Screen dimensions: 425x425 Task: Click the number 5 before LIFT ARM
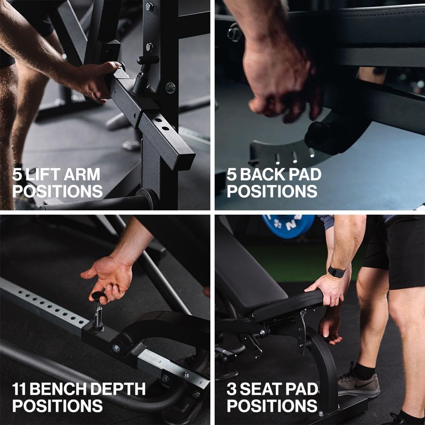click(x=17, y=174)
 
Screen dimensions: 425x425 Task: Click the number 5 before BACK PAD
click(x=232, y=174)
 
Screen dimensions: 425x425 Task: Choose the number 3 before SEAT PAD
click(x=232, y=389)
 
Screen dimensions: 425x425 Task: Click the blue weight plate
click(x=288, y=226)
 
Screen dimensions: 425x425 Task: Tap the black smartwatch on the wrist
click(x=336, y=272)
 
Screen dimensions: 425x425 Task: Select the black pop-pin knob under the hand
click(x=98, y=296)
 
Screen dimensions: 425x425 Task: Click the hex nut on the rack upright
click(x=170, y=88)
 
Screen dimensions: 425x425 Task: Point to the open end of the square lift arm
click(x=185, y=161)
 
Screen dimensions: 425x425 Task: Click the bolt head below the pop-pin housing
click(x=116, y=348)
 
